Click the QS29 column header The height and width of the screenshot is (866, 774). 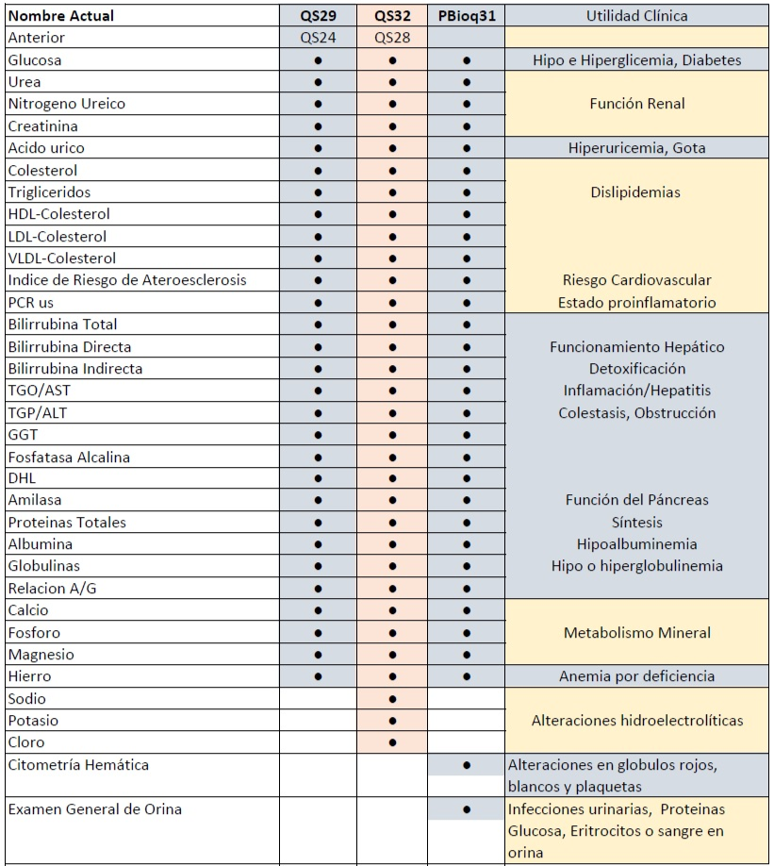(x=318, y=16)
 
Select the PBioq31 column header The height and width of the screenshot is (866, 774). (x=467, y=16)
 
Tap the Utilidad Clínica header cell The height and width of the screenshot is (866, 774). (x=637, y=16)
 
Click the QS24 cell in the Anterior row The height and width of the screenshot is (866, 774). (x=318, y=38)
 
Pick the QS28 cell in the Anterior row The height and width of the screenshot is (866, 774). (x=392, y=38)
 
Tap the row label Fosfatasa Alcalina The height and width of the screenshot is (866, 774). (x=69, y=457)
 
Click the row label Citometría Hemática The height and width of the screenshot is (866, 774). (x=77, y=765)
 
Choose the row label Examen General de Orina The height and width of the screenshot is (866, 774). (x=94, y=809)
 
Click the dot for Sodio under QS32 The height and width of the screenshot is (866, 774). (x=392, y=699)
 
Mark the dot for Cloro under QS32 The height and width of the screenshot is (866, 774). (x=392, y=742)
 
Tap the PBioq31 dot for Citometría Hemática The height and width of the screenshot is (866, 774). (x=467, y=765)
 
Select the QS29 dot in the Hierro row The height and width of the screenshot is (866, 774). (x=318, y=676)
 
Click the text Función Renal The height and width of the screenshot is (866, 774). (x=637, y=104)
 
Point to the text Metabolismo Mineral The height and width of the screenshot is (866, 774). (x=637, y=632)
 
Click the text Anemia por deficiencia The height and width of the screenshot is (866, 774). (x=637, y=676)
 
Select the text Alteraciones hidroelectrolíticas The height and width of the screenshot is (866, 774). (x=637, y=721)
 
